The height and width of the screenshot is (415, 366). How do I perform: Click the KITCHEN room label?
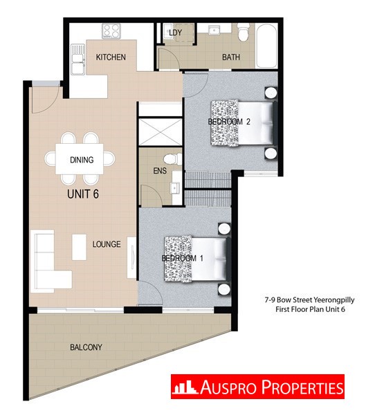click(111, 57)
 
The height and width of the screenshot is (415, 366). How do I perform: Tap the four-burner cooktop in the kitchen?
click(111, 30)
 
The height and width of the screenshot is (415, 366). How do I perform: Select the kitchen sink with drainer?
click(78, 59)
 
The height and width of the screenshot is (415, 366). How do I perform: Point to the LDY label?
click(175, 33)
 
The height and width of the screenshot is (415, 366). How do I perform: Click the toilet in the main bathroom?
click(244, 32)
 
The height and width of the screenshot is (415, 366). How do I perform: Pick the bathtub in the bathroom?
click(266, 46)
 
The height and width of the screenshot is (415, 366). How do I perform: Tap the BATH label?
click(231, 57)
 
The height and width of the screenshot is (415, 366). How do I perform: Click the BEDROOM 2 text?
click(229, 122)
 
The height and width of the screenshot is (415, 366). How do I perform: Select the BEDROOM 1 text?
click(183, 258)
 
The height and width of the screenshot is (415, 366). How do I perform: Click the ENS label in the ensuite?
click(160, 171)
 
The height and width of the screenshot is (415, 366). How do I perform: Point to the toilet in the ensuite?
click(173, 159)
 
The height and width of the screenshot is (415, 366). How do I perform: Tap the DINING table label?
click(82, 160)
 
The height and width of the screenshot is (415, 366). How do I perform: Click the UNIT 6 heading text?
click(83, 194)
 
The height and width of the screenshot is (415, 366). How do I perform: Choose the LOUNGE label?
click(107, 244)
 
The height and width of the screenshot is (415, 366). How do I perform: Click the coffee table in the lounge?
click(79, 247)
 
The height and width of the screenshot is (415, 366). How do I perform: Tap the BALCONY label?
click(86, 347)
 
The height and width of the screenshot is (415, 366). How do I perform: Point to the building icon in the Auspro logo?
click(185, 387)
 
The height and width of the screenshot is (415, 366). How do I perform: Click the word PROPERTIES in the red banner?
click(302, 387)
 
